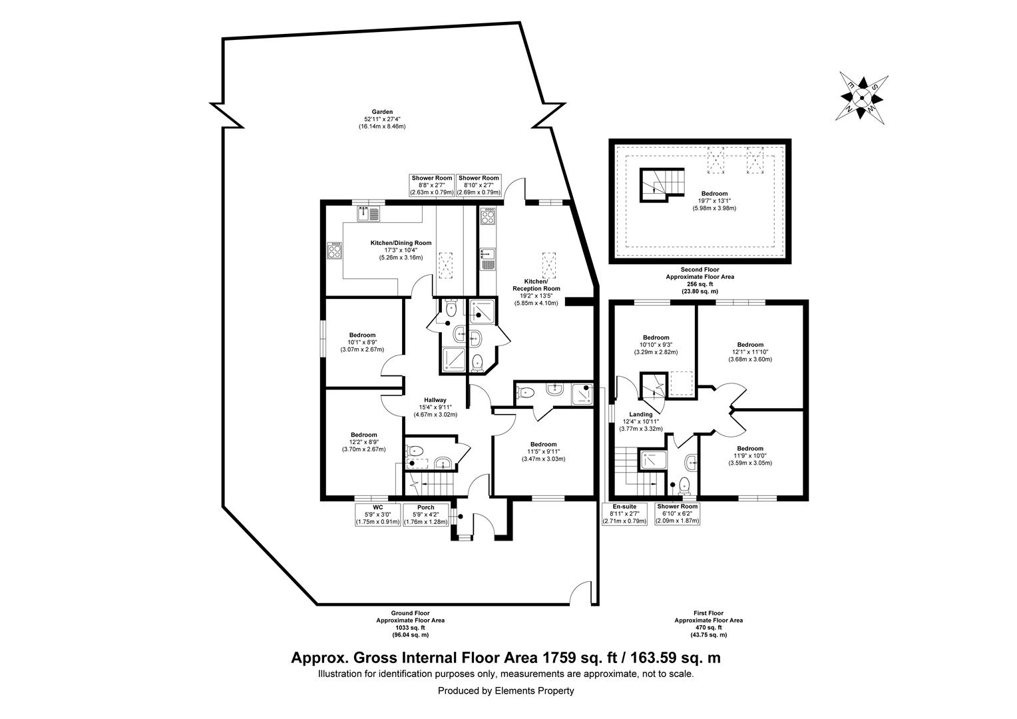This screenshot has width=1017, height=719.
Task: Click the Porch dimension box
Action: [425, 515]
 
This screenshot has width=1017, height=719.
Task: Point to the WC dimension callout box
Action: [377, 515]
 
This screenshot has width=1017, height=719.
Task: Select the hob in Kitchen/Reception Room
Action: [488, 216]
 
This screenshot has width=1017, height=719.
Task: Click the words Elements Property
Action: [534, 691]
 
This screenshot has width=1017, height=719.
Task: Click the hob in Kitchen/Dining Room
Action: [334, 250]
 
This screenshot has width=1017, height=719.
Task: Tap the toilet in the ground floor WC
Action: [414, 449]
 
